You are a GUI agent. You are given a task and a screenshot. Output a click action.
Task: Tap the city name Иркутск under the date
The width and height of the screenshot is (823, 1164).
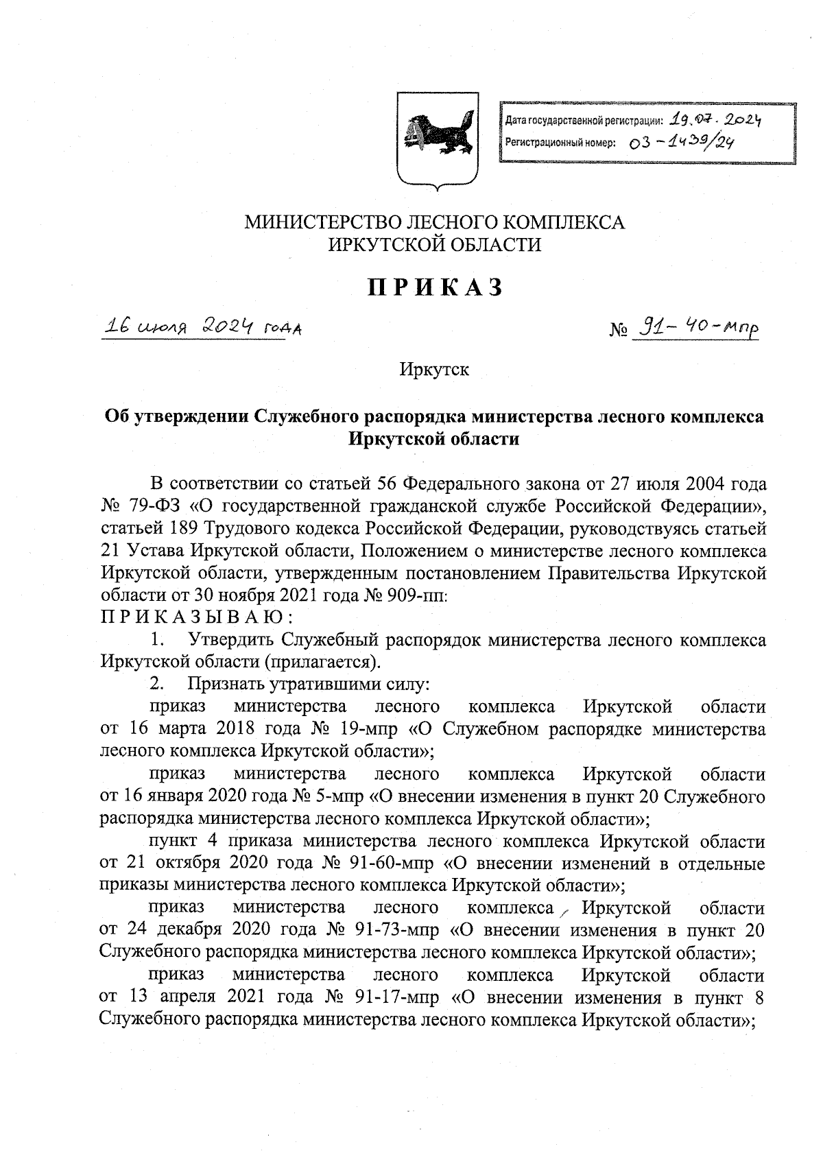[x=436, y=370]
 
